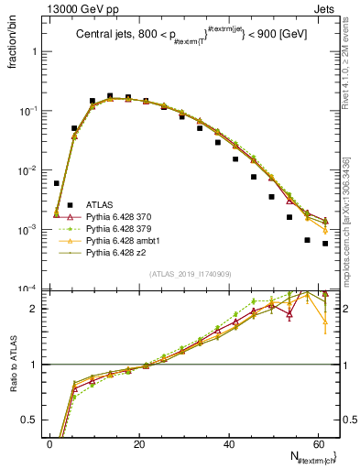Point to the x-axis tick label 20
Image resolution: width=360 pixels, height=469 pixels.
pyautogui.click(x=139, y=445)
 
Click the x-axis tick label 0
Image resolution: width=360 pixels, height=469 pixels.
pyautogui.click(x=49, y=445)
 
